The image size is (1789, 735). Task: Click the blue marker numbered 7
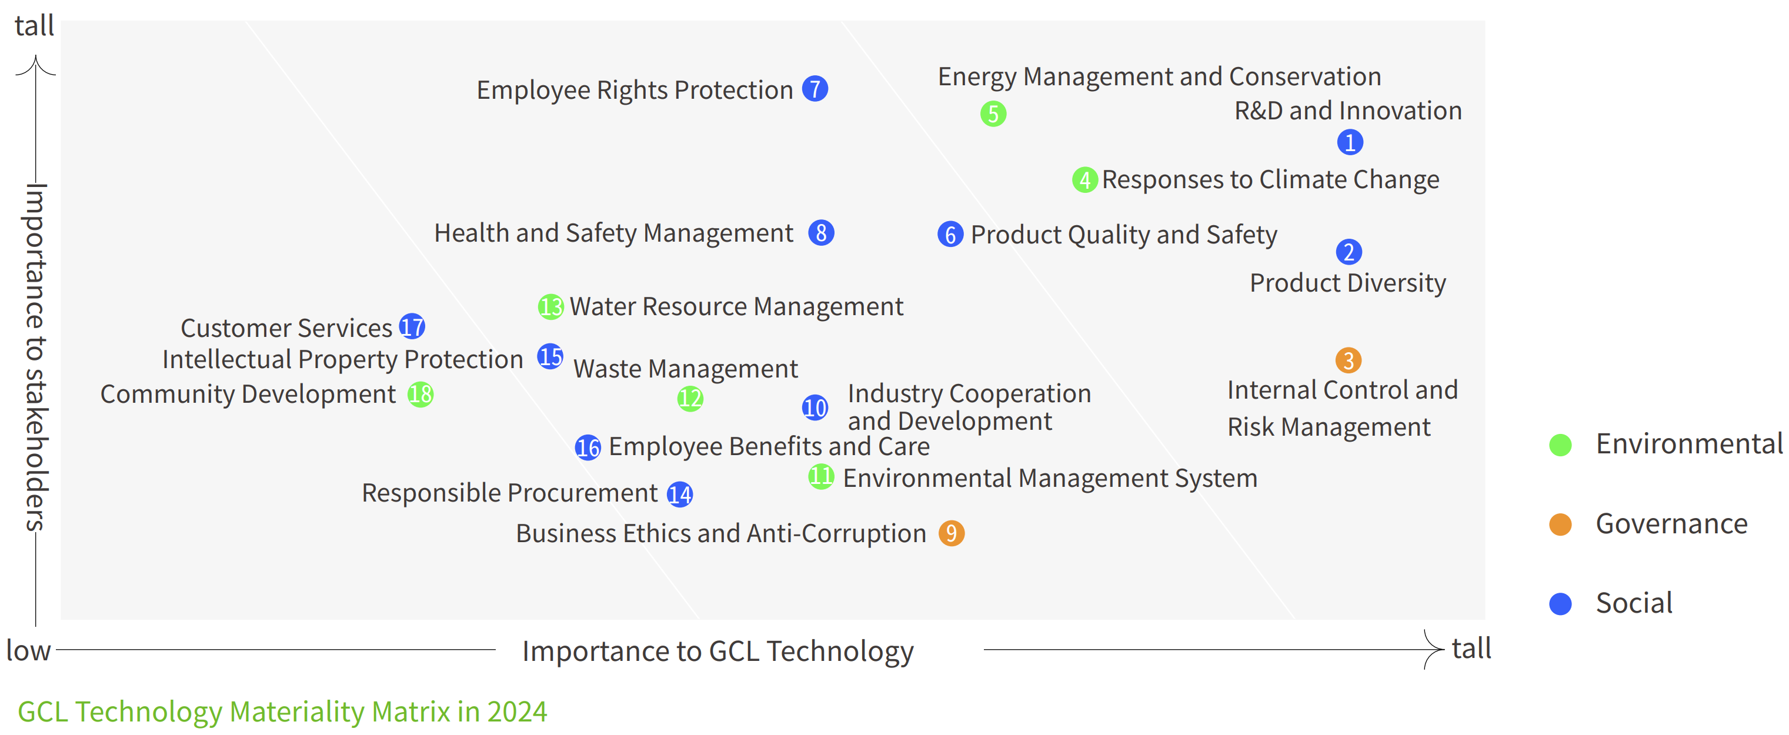tap(815, 89)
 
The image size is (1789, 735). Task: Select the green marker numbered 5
tap(993, 114)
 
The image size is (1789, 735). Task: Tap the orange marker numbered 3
tap(1348, 360)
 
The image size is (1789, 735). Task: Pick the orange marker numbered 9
tap(952, 533)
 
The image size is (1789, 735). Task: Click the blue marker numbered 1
tap(1350, 142)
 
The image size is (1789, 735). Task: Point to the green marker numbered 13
tap(550, 306)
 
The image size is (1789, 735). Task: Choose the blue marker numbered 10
tap(815, 407)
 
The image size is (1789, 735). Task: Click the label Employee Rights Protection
tap(635, 90)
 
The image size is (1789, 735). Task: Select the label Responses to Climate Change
tap(1271, 180)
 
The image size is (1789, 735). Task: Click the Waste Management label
tap(686, 369)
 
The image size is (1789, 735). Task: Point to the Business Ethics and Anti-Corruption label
tap(721, 534)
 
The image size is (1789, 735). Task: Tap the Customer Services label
tap(287, 328)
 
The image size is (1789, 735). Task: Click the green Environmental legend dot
tap(1560, 445)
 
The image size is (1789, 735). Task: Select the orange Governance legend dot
tap(1560, 524)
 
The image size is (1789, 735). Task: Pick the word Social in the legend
tap(1634, 603)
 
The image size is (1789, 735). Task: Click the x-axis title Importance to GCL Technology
tap(718, 652)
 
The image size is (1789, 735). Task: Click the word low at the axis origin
tap(28, 651)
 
